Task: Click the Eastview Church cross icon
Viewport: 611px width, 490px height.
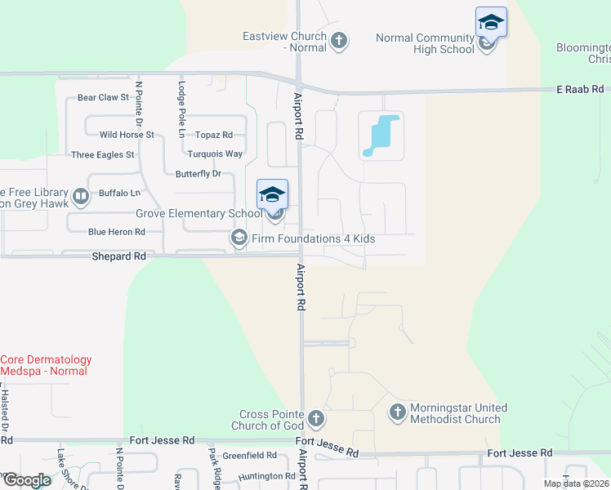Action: tap(339, 39)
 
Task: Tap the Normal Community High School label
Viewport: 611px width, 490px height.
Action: tap(425, 43)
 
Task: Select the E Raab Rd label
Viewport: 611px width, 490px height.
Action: tap(580, 88)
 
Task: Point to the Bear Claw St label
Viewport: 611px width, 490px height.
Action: tap(103, 97)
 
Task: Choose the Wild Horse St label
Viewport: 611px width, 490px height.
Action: tap(127, 135)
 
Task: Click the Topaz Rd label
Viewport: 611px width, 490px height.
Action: tap(214, 135)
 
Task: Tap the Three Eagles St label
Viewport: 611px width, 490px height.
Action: tap(103, 154)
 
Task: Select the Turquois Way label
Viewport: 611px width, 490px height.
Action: tap(215, 154)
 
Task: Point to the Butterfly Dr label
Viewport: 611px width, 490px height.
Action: tap(198, 174)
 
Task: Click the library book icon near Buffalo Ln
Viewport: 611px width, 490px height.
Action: tap(80, 196)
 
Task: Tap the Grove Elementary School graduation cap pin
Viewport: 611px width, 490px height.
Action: tap(272, 195)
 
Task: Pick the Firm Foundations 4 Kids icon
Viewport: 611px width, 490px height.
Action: tap(239, 238)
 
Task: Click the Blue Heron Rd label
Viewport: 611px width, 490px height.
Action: tap(116, 232)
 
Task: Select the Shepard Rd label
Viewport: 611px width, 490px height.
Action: tap(118, 256)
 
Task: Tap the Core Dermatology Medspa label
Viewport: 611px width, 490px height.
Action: tap(46, 365)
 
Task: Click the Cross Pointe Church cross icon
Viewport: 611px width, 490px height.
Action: tap(316, 420)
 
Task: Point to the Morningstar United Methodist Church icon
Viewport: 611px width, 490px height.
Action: tap(397, 412)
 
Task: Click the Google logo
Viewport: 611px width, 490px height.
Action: tap(27, 480)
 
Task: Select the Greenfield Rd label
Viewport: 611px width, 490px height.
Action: tap(249, 456)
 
